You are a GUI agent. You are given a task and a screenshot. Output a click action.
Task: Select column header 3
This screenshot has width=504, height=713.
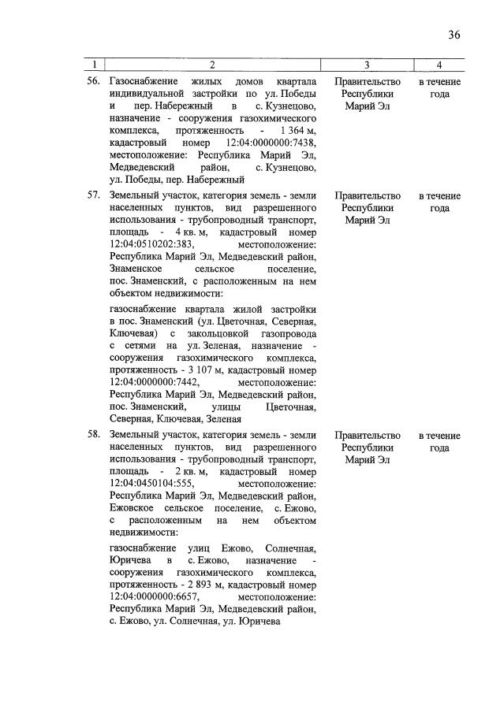pyautogui.click(x=367, y=65)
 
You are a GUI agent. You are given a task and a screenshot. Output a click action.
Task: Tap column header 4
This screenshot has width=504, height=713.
pyautogui.click(x=439, y=65)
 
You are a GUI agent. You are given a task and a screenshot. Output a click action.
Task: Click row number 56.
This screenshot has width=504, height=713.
pyautogui.click(x=93, y=82)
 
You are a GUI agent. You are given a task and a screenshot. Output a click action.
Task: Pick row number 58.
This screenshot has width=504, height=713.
pyautogui.click(x=93, y=436)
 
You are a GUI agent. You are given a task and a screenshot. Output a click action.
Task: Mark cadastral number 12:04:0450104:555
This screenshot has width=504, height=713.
pyautogui.click(x=151, y=483)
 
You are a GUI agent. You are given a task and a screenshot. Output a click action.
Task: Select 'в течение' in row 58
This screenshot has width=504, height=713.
pyautogui.click(x=439, y=436)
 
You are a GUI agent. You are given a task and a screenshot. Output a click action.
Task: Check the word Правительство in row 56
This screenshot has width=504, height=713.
pyautogui.click(x=367, y=82)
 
